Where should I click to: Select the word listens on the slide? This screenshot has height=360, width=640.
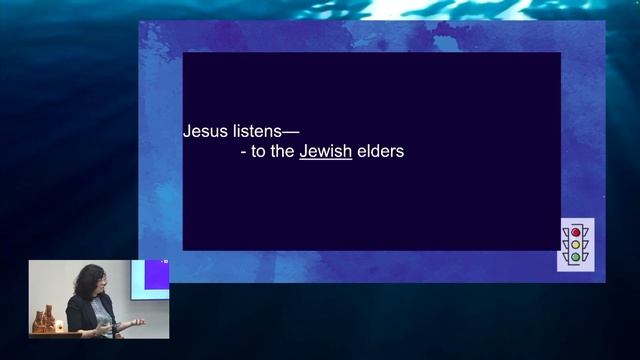(x=254, y=130)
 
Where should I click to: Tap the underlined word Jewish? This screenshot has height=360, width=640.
(x=325, y=153)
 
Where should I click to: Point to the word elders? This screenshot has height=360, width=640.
(x=380, y=153)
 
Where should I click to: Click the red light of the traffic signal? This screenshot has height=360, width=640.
(x=575, y=232)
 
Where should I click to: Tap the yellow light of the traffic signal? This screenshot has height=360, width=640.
(x=575, y=244)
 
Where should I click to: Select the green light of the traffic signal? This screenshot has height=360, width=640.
(x=575, y=257)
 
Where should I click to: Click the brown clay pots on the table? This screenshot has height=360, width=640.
(x=42, y=321)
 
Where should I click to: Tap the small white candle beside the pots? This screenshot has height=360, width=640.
(x=59, y=326)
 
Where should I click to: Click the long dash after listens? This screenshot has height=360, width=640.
(x=291, y=131)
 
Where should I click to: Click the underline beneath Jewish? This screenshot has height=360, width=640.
(x=325, y=161)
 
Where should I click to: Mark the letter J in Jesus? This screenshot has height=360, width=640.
(x=187, y=130)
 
